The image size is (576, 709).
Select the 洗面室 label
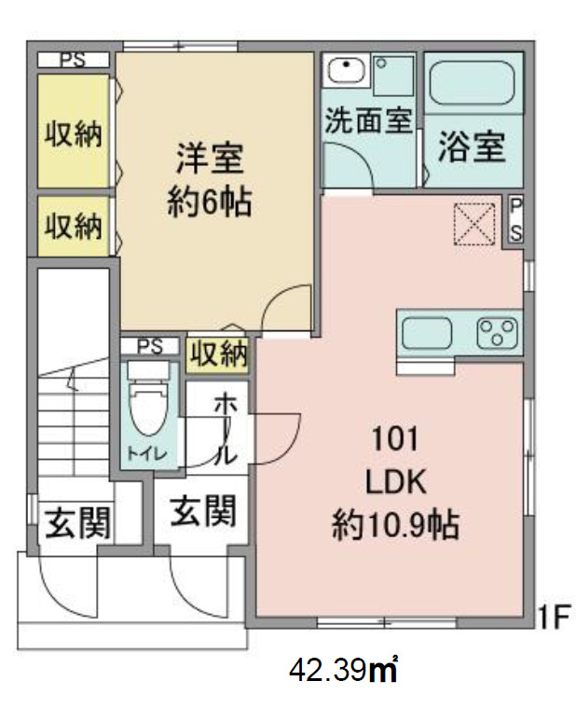pos(368,121)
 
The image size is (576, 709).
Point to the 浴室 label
pos(473,147)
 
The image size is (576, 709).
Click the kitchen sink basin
pos(426,332)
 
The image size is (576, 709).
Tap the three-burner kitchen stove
pos(498,332)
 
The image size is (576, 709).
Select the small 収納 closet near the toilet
pos(219,353)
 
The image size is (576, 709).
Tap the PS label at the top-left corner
pos(73,59)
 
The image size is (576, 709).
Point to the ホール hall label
pos(226,429)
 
